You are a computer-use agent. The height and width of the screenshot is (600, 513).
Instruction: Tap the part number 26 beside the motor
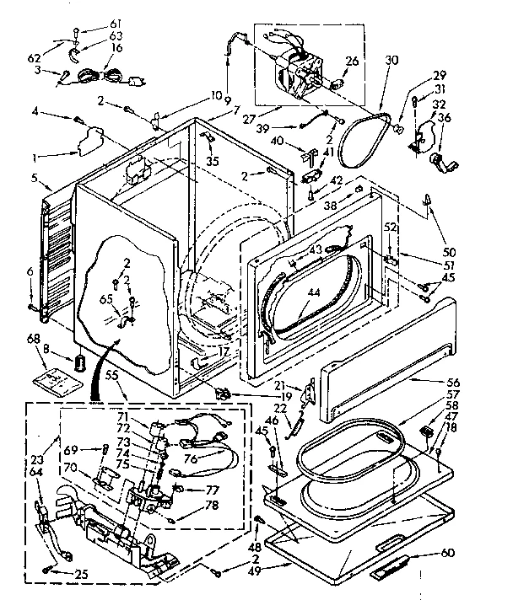tap(352, 61)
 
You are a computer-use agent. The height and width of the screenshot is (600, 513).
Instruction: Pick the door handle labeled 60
tap(402, 563)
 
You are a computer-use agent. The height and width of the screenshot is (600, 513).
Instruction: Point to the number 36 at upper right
tap(445, 117)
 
